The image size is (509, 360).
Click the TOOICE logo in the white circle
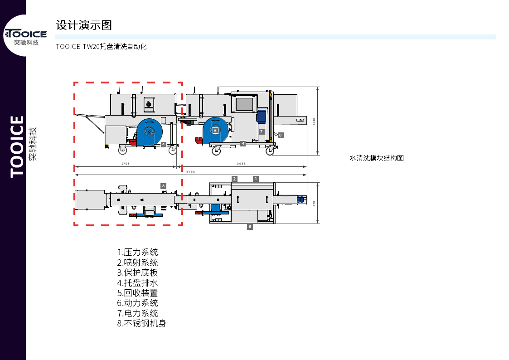26,34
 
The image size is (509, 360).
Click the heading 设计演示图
84,25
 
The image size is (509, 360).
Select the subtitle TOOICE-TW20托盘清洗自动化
101,47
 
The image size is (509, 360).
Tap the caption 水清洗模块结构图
377,158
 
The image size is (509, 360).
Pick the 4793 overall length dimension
190,171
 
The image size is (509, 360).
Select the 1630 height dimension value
314,121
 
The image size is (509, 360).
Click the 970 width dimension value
314,203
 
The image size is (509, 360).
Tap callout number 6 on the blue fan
215,130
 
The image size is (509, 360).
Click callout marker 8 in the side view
281,135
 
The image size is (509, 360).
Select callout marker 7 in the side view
262,132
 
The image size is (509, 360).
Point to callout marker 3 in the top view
163,186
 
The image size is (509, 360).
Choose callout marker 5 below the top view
250,227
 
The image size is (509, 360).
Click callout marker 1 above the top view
256,179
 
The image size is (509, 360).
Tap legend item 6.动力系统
138,303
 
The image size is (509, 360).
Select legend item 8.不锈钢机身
141,324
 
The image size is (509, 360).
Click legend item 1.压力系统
138,253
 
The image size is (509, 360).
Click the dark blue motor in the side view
261,116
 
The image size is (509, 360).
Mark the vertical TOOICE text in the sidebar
17,146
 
